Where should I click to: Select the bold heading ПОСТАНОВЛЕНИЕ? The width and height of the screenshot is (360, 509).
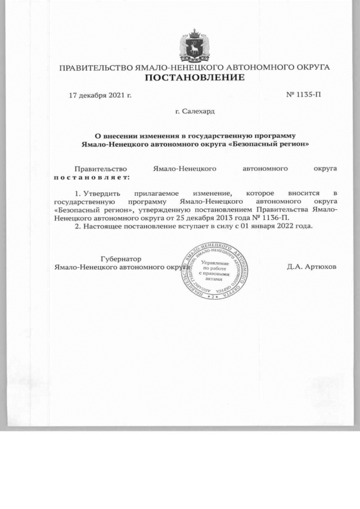click(x=195, y=78)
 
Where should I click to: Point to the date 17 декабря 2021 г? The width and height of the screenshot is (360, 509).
click(x=100, y=95)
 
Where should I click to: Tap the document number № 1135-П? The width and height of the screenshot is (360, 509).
click(x=304, y=95)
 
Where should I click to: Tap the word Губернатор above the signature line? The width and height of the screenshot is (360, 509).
click(x=120, y=258)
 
